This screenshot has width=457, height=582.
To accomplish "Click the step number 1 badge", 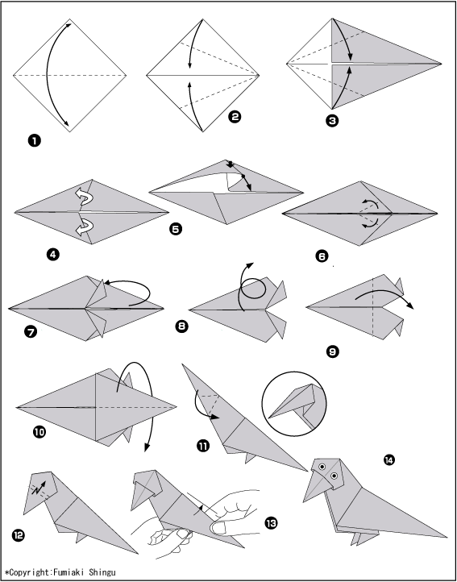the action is click(x=34, y=141).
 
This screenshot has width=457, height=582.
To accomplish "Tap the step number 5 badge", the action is click(x=175, y=229).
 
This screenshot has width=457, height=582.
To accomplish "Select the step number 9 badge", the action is click(x=332, y=351).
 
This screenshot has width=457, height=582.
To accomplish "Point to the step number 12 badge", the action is click(x=18, y=535).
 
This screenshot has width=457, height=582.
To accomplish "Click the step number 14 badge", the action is click(x=388, y=460).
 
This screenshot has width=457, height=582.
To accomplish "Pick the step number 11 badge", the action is click(x=203, y=446).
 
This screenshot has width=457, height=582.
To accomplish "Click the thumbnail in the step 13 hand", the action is click(x=217, y=528).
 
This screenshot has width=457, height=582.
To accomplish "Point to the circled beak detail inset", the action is click(x=294, y=404).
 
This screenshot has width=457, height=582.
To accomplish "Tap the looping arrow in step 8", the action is click(x=251, y=286).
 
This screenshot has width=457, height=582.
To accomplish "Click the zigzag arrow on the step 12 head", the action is click(x=39, y=488).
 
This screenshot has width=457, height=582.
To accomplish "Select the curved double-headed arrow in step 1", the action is click(x=48, y=74).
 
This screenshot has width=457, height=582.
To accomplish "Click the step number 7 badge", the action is click(x=31, y=331).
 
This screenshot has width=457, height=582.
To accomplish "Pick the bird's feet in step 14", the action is click(x=364, y=538).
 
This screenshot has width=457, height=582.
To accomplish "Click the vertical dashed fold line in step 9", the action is click(x=372, y=306).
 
